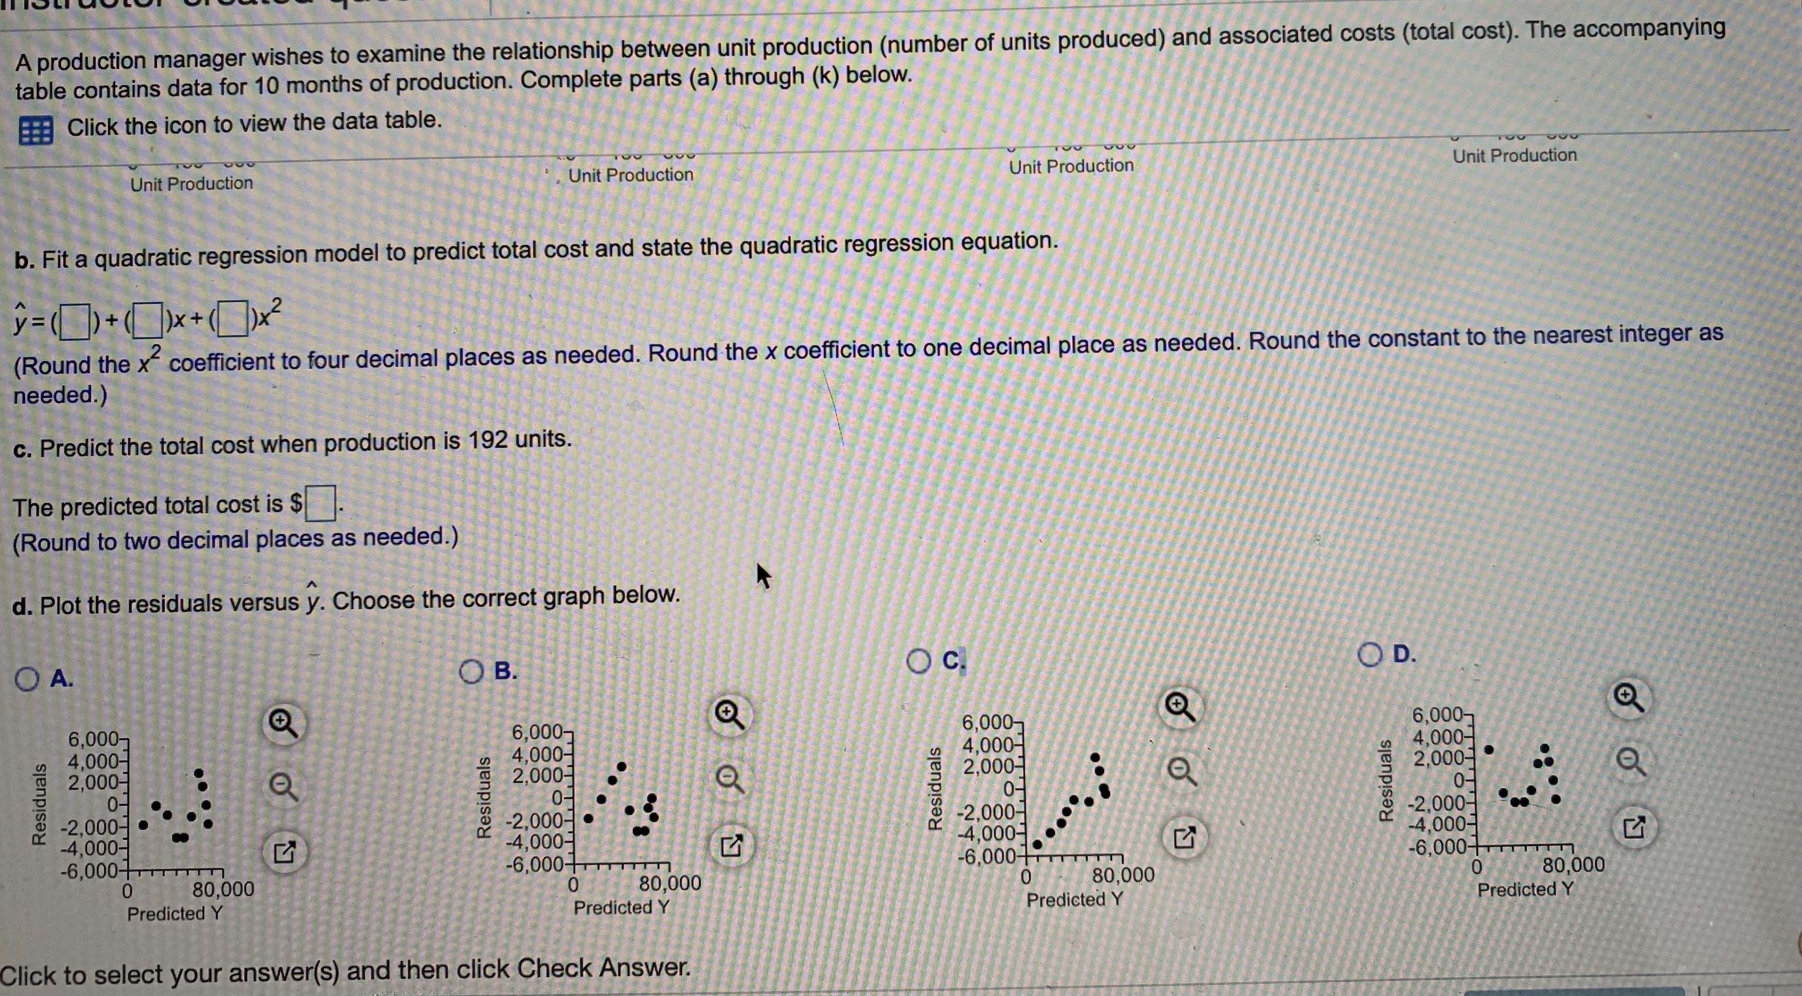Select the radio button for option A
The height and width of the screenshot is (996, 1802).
coord(27,679)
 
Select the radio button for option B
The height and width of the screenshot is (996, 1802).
coord(471,672)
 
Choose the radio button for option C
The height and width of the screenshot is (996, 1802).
coord(918,662)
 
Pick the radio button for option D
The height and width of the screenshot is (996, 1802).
coord(1370,656)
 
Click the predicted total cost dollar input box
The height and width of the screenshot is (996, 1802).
coord(320,504)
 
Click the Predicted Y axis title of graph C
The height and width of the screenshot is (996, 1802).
coord(1074,900)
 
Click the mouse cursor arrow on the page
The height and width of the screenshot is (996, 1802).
coord(764,576)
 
